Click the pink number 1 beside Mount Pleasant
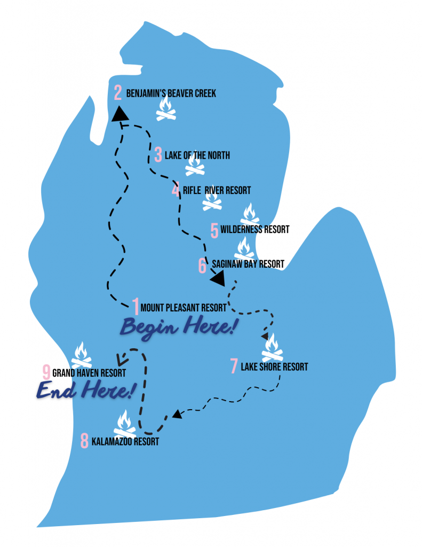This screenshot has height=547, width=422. pyautogui.click(x=136, y=307)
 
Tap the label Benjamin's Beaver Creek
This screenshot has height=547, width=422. pyautogui.click(x=171, y=94)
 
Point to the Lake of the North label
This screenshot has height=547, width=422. pyautogui.click(x=197, y=155)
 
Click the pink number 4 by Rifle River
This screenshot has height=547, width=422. pyautogui.click(x=176, y=190)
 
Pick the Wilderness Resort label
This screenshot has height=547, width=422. pyautogui.click(x=254, y=229)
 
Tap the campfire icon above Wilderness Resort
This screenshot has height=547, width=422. pyautogui.click(x=249, y=214)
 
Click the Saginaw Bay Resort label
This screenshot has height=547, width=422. pyautogui.click(x=248, y=264)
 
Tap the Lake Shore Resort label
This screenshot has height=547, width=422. pyautogui.click(x=274, y=367)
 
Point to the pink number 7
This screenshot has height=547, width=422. pyautogui.click(x=234, y=366)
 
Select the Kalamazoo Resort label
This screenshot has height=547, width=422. pyautogui.click(x=125, y=442)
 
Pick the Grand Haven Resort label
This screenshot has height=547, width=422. pyautogui.click(x=89, y=372)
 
